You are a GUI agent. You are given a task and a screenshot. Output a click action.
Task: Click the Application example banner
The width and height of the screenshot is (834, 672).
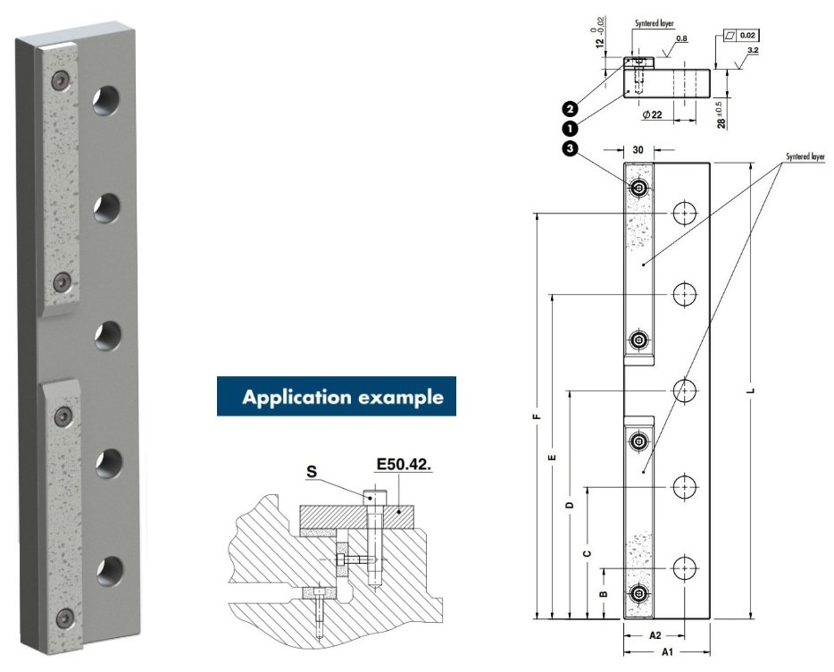point(336,397)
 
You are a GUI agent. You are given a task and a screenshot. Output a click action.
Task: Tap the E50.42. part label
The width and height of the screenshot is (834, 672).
point(404,465)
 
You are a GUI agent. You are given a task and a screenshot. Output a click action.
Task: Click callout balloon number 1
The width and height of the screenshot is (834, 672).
point(568,127)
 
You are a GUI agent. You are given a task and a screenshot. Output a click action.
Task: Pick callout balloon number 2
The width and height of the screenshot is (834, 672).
point(568,109)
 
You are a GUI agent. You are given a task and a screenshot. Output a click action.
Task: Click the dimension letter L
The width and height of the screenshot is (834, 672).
point(752,391)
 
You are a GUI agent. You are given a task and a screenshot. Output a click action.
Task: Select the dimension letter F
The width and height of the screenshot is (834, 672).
point(535,416)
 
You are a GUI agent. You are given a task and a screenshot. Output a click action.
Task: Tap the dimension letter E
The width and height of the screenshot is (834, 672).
point(553,457)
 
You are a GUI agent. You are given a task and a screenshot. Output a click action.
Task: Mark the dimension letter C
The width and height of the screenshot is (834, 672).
point(587,553)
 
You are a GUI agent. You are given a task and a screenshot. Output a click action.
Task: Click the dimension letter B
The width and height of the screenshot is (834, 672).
point(604,593)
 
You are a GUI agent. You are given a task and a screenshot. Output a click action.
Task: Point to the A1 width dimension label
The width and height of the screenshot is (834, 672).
point(666,653)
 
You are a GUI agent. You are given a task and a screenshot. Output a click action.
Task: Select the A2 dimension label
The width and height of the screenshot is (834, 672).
point(654,635)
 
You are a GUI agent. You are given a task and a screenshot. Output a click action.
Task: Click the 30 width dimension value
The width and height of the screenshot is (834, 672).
point(638,151)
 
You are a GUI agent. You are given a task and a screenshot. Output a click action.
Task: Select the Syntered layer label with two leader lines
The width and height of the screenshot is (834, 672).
point(805,156)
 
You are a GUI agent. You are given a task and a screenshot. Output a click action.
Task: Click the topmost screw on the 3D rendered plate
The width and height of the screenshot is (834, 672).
point(60,80)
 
